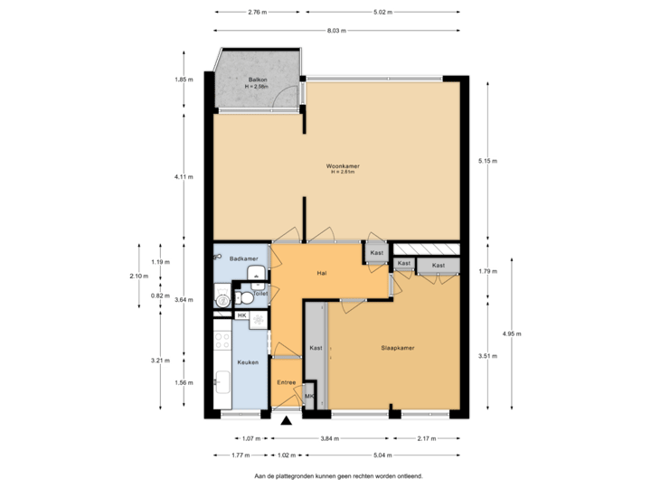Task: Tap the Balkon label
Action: coord(258,80)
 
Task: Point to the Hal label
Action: coord(321,272)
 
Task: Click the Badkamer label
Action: coord(244,258)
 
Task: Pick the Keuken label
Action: coord(248,362)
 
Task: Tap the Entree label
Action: coord(287,383)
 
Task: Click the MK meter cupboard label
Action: coord(309,396)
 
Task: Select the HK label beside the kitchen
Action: coord(241,314)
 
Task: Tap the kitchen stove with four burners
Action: coord(222,341)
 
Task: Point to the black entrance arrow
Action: coord(287,418)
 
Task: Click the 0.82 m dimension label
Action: coord(159,296)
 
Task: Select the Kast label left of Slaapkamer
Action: coord(316,348)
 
